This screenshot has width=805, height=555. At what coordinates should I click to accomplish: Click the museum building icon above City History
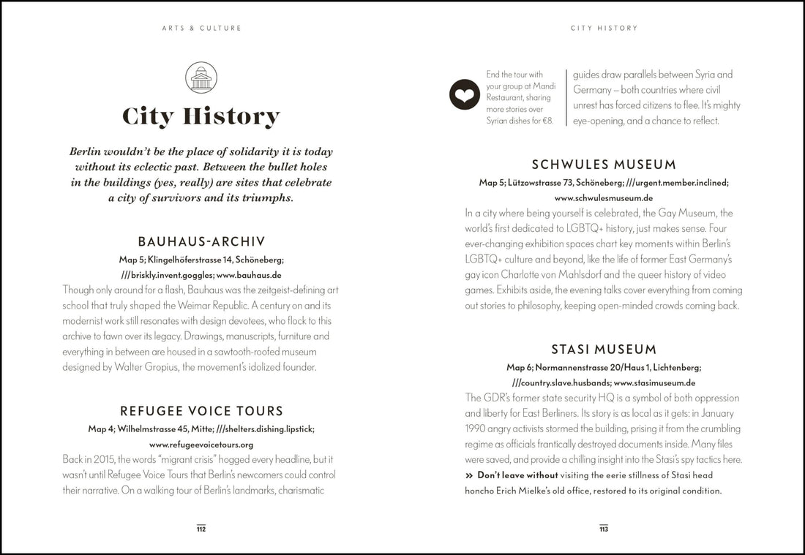point(201,78)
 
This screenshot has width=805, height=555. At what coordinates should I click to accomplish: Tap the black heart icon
point(465,94)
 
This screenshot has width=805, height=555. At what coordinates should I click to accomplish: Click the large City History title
point(201,116)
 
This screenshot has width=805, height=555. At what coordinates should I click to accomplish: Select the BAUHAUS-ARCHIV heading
point(201,241)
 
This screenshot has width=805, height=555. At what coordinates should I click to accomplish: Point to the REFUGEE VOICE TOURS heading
point(201,411)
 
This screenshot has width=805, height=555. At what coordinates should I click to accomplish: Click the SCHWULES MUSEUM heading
point(604,165)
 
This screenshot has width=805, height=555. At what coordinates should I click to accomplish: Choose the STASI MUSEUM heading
point(604,350)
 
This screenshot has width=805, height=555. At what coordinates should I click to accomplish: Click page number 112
point(201,529)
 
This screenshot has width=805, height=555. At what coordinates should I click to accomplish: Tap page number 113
point(604,529)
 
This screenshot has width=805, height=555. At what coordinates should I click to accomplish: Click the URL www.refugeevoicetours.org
point(201,445)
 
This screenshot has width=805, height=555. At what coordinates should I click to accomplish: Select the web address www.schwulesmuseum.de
point(604,198)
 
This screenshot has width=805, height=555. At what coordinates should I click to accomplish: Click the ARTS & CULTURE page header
point(201,29)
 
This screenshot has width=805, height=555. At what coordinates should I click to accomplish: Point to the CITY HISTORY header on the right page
point(604,29)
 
